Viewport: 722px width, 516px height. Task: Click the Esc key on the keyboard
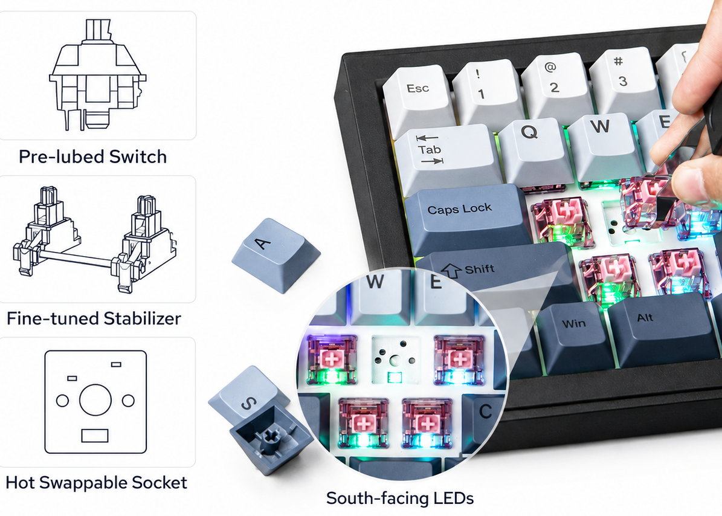click(x=417, y=99)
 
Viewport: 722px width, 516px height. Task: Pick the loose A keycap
click(x=276, y=254)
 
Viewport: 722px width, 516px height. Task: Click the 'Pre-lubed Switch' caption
click(x=92, y=156)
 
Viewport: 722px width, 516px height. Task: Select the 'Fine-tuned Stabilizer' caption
click(x=94, y=318)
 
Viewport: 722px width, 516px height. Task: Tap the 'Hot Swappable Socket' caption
click(x=96, y=482)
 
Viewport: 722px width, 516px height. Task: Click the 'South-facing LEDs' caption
click(x=400, y=498)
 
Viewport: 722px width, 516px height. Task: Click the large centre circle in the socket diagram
click(x=95, y=400)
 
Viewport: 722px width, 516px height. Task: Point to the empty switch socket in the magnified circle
click(x=396, y=360)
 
